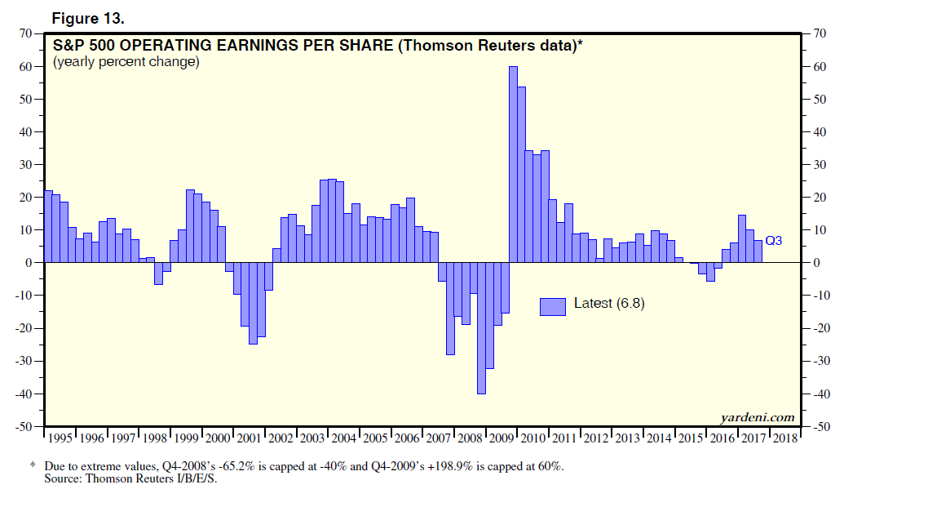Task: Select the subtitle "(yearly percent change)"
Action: (x=126, y=62)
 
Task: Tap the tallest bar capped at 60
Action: (x=514, y=163)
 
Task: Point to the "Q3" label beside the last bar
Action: (x=775, y=240)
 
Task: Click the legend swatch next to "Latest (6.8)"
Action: (x=552, y=306)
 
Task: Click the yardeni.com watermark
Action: (x=757, y=418)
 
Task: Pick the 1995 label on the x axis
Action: (x=60, y=438)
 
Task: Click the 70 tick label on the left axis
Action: (x=26, y=33)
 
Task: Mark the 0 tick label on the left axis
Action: (x=29, y=263)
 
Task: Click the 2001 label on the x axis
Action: (x=249, y=438)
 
